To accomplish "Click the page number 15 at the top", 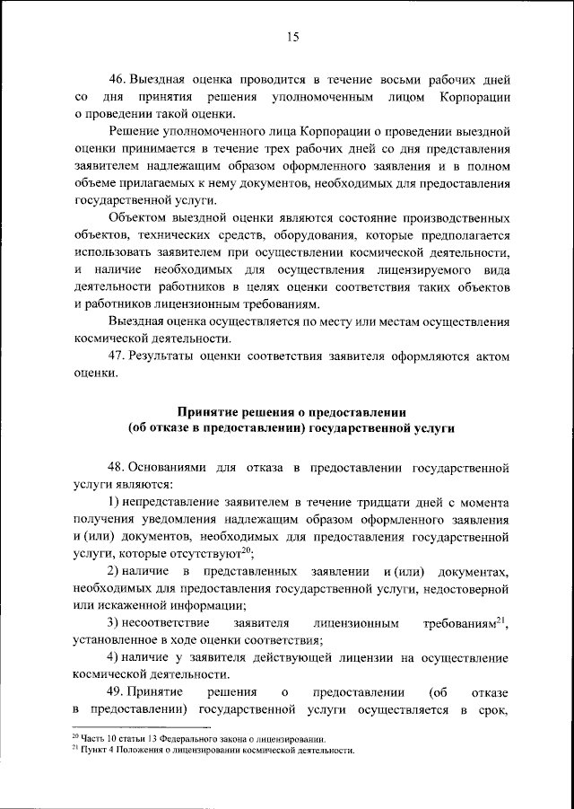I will (292, 37).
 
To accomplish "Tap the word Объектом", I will (136, 218).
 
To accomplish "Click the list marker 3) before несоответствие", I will (114, 623).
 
